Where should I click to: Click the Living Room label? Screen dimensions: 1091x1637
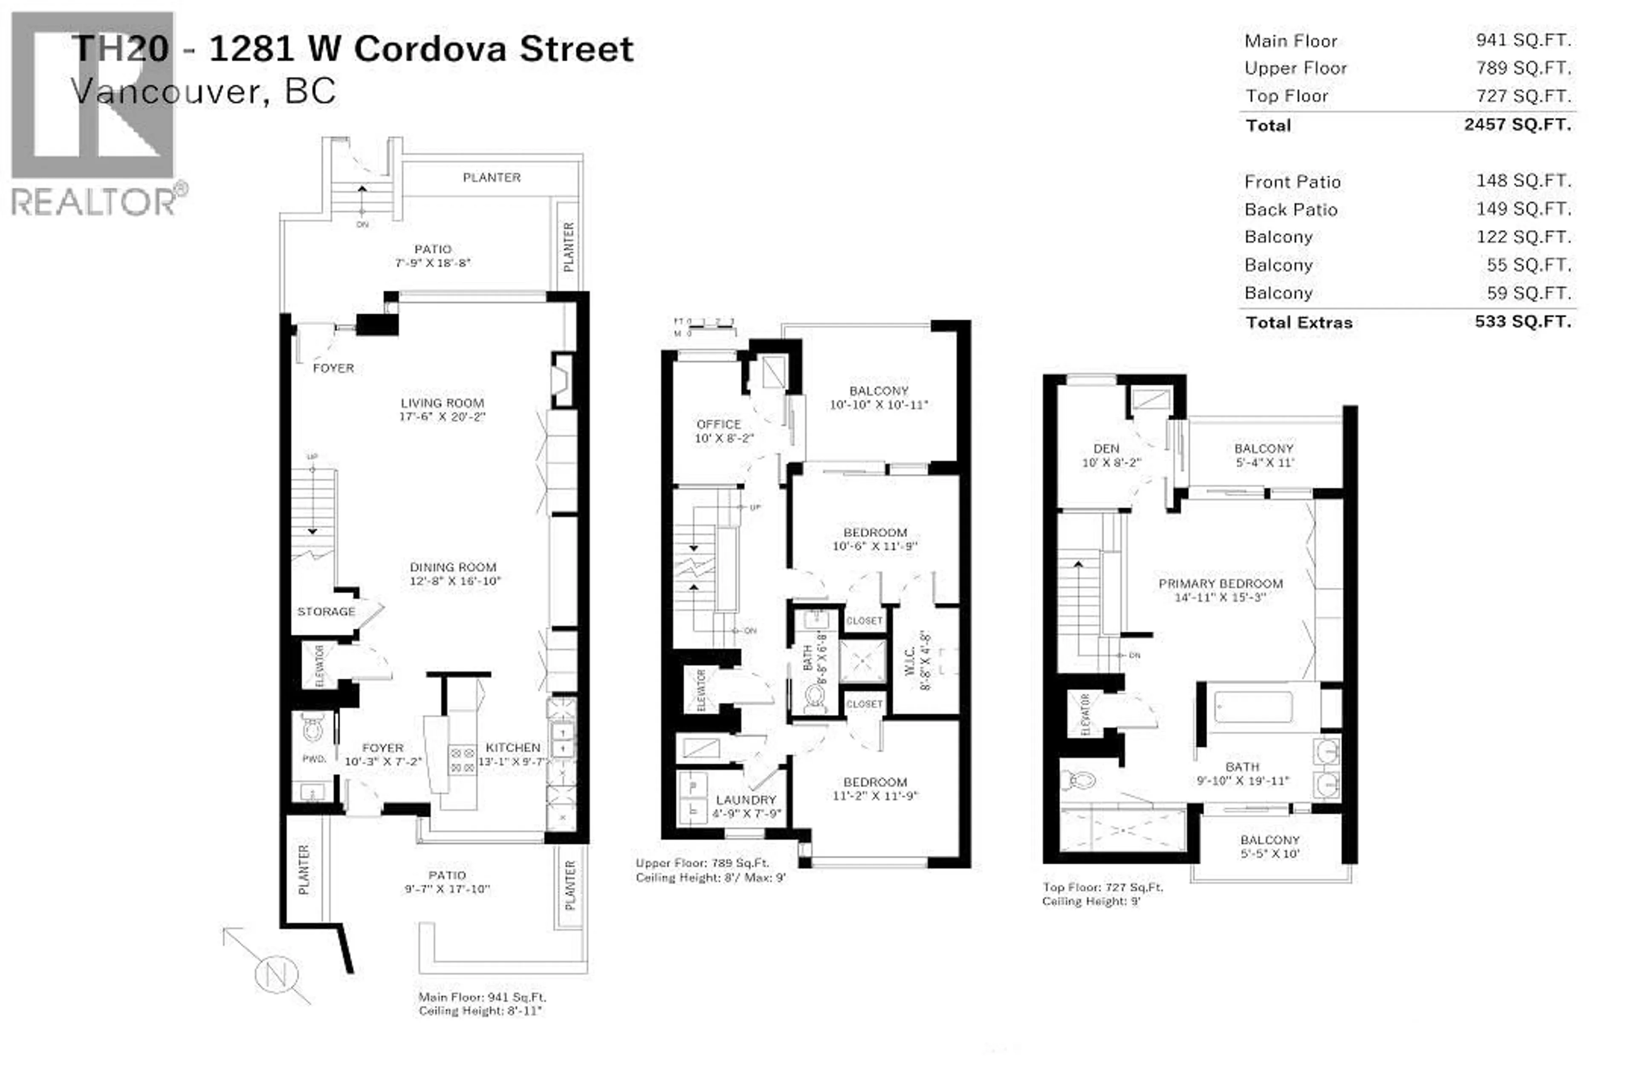442,403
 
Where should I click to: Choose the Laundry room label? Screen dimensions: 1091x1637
746,800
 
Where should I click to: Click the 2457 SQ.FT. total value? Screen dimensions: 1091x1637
1517,124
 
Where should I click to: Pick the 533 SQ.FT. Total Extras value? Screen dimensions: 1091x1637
1522,321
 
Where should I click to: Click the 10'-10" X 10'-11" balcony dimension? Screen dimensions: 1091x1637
878,405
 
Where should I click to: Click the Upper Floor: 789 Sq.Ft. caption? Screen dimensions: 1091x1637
702,863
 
